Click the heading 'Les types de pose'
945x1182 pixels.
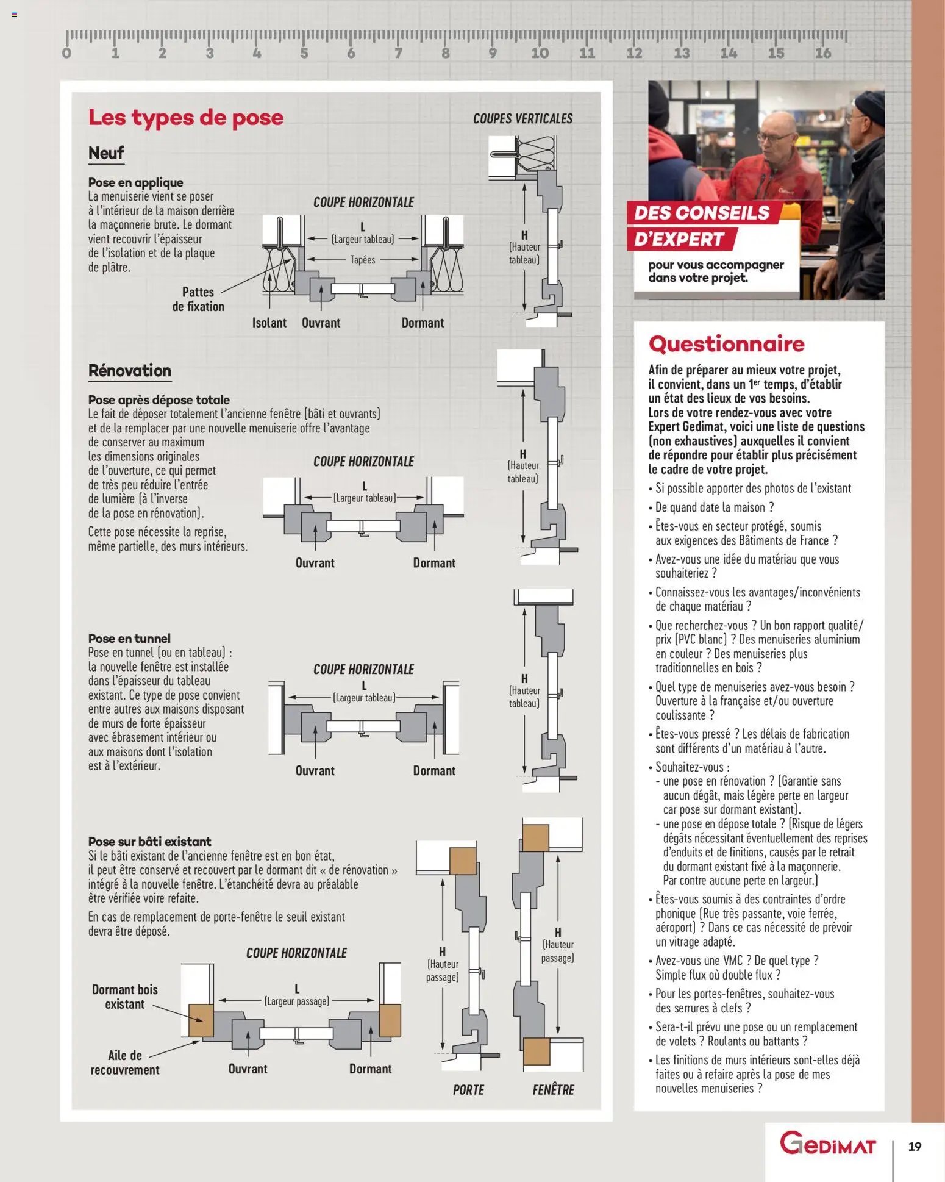click(x=185, y=117)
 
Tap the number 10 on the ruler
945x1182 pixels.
click(x=540, y=53)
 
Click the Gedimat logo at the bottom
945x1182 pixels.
click(x=827, y=1144)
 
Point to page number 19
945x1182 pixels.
click(x=914, y=1147)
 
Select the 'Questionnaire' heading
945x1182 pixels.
click(x=726, y=344)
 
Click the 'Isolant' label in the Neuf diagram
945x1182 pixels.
click(x=269, y=323)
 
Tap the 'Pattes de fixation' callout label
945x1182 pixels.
click(x=198, y=299)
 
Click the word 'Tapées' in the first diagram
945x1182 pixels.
click(x=363, y=260)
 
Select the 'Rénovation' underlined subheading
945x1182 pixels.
click(x=129, y=370)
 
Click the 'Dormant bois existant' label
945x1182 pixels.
click(x=124, y=997)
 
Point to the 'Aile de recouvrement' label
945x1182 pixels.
click(x=124, y=1062)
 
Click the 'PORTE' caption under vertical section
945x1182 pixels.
click(x=468, y=1089)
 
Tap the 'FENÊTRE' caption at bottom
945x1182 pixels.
click(x=553, y=1089)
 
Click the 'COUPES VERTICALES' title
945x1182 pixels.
click(x=522, y=118)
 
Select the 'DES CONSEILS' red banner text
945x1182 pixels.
click(x=701, y=213)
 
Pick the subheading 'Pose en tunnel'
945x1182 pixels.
click(x=129, y=638)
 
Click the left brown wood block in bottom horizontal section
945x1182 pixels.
click(x=201, y=1020)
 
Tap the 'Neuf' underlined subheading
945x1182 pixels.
click(x=106, y=152)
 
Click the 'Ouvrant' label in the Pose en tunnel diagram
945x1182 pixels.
click(x=315, y=770)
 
